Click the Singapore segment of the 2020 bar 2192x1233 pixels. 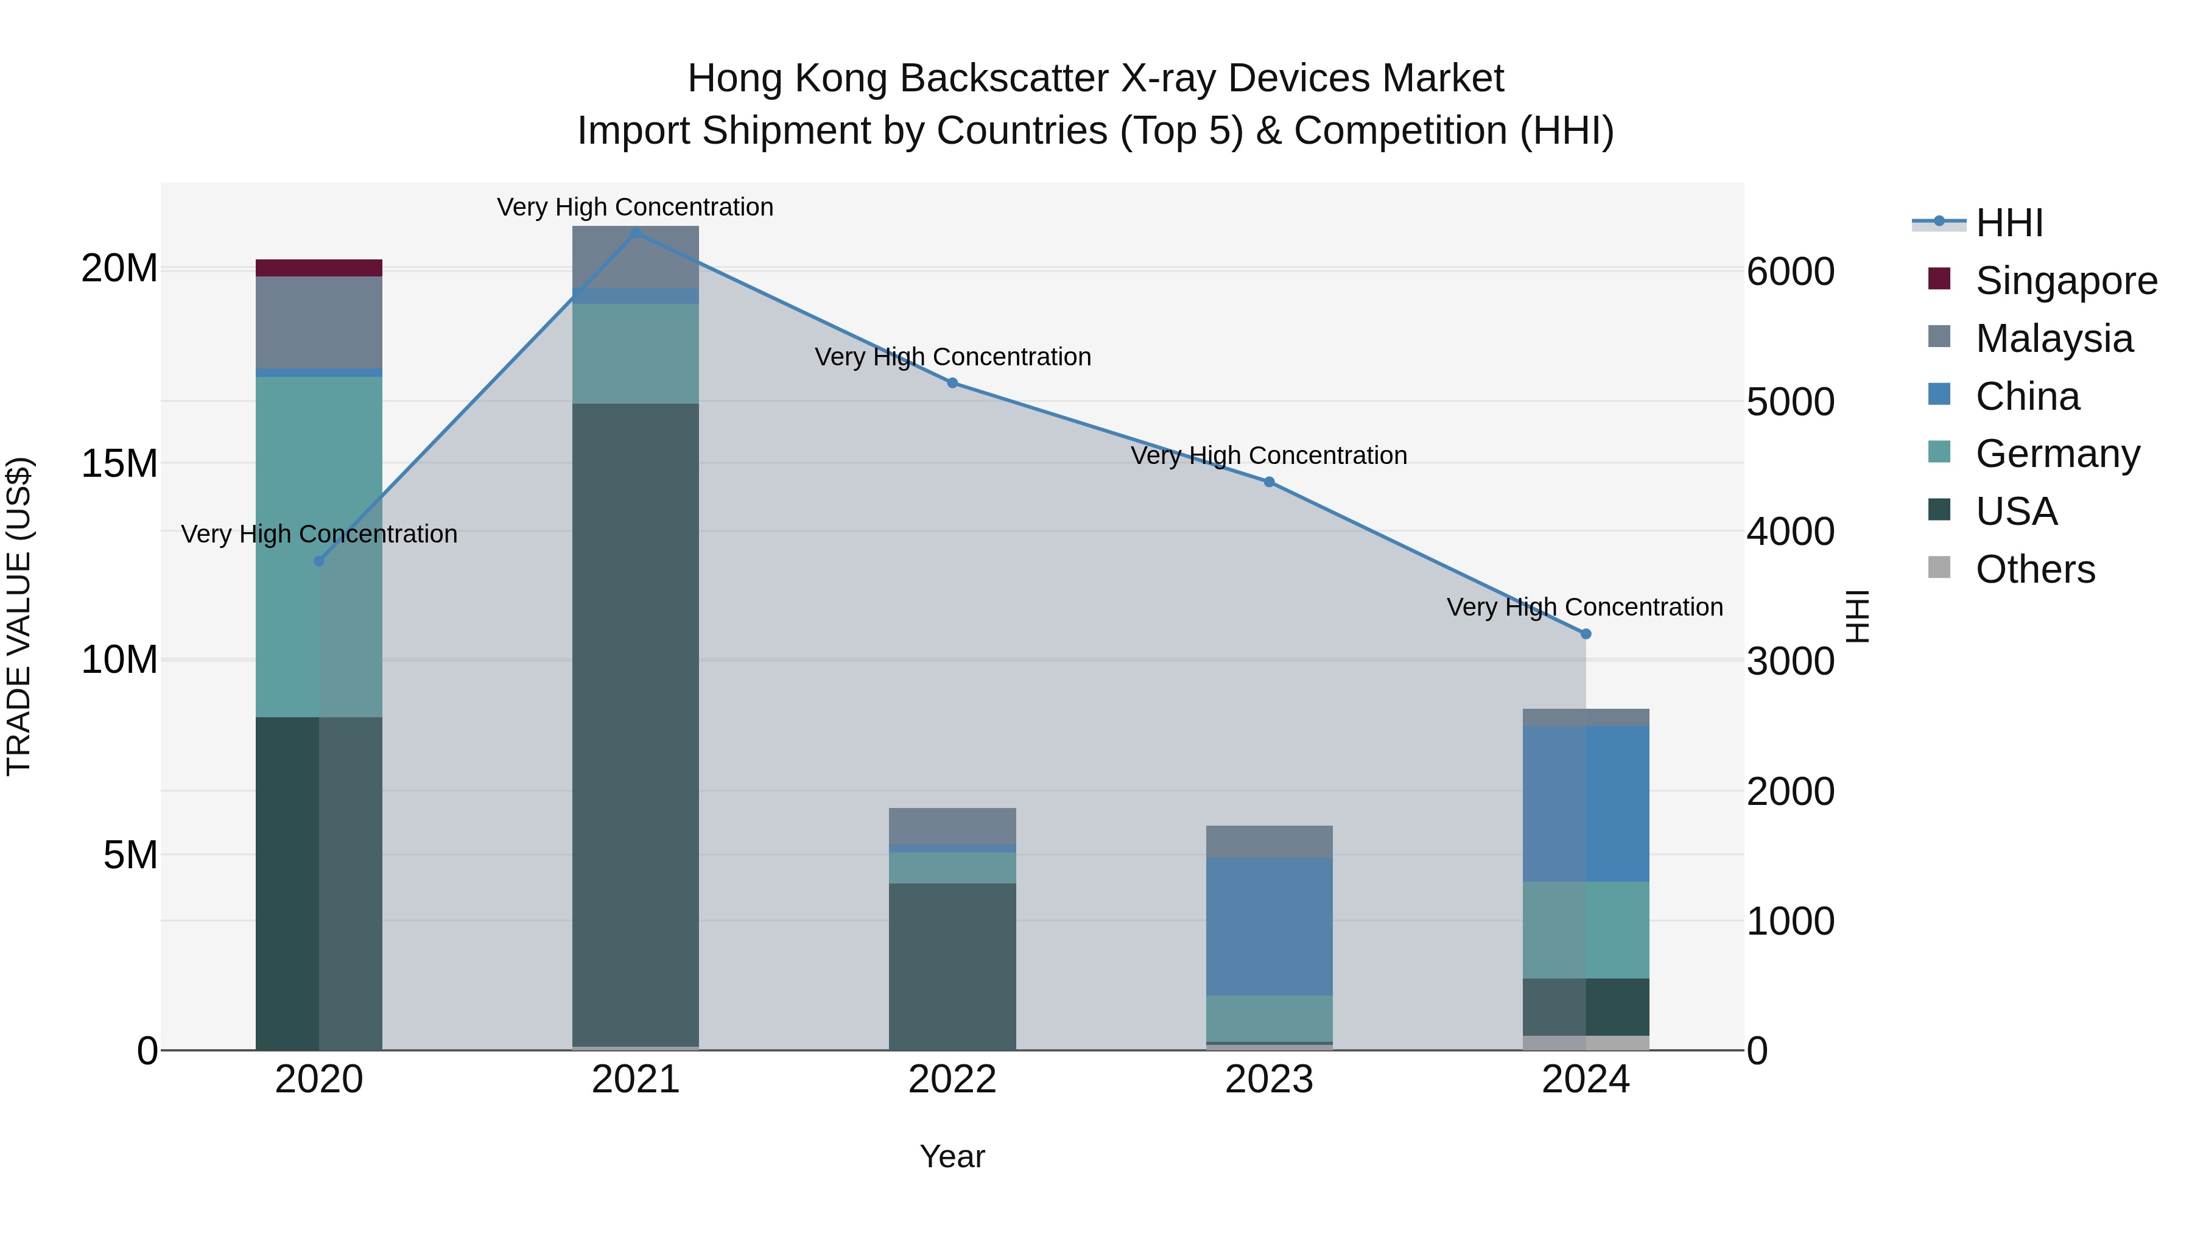(x=319, y=267)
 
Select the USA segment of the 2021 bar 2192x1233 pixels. (x=635, y=723)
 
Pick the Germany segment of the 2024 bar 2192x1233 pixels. (x=1586, y=929)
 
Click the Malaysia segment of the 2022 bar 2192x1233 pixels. (x=952, y=826)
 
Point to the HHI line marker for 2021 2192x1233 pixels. (x=635, y=233)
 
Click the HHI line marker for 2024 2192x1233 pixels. (x=1586, y=634)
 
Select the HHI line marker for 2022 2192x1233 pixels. (x=952, y=383)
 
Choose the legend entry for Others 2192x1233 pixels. (x=2034, y=569)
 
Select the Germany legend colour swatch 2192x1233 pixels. (x=1939, y=452)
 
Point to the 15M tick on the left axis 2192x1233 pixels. (x=119, y=464)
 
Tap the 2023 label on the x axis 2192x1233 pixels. (x=1269, y=1080)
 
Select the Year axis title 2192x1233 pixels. (x=952, y=1156)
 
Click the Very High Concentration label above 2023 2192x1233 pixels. (x=1269, y=455)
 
